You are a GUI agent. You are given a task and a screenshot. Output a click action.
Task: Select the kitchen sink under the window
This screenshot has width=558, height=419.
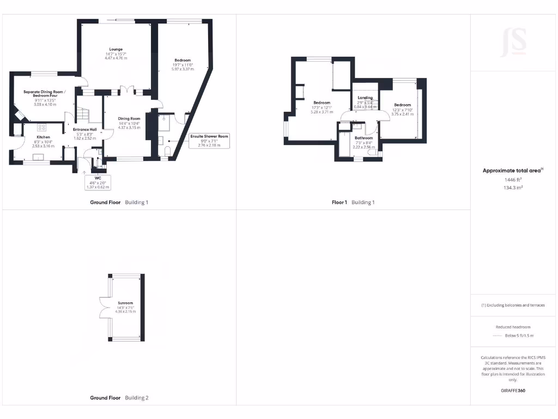(38, 157)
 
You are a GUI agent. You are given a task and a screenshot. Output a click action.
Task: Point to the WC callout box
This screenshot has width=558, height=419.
(98, 182)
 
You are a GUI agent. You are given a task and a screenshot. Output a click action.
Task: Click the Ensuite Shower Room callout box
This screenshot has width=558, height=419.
(209, 140)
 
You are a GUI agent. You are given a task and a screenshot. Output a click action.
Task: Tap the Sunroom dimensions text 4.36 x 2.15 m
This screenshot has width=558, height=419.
(125, 311)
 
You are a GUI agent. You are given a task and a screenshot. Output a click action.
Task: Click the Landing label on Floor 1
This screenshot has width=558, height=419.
(365, 98)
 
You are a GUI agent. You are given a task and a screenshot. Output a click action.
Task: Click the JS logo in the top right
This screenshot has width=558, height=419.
(513, 41)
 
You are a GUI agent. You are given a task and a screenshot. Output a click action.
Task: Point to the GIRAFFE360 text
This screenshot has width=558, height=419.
(513, 391)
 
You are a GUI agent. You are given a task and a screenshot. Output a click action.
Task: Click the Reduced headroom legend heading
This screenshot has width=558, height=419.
(513, 327)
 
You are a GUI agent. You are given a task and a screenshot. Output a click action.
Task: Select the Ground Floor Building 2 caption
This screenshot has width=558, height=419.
(119, 398)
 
